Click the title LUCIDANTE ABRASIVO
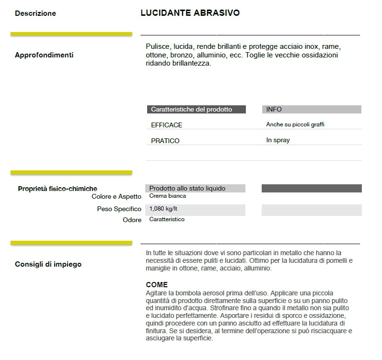(x=190, y=13)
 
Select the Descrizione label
(x=35, y=13)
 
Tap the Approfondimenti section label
(x=44, y=55)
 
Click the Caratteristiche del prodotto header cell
(x=192, y=110)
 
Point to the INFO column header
(x=274, y=110)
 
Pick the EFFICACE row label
(x=167, y=125)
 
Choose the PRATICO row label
(x=165, y=141)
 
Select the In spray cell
(x=278, y=140)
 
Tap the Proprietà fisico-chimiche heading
(x=58, y=189)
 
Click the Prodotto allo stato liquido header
(x=187, y=189)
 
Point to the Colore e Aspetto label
(x=116, y=196)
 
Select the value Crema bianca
(x=168, y=196)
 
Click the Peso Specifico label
(x=119, y=209)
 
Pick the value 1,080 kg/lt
(x=163, y=209)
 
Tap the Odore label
(x=132, y=220)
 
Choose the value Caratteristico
(x=167, y=219)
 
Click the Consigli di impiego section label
(x=48, y=264)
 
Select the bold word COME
(x=157, y=285)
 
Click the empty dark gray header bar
(x=312, y=189)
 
